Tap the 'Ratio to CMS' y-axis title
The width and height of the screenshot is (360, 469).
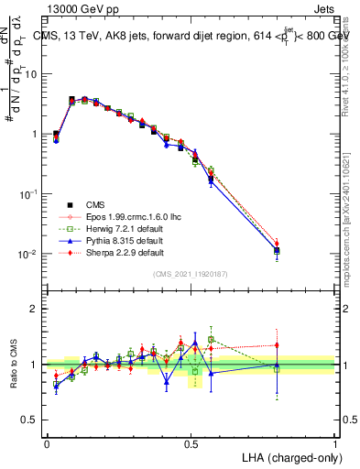15,365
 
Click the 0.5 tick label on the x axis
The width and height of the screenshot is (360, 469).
191,441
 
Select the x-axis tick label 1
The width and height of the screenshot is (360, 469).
335,441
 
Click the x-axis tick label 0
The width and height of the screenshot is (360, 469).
47,441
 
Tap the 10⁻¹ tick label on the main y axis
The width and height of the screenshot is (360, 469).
31,194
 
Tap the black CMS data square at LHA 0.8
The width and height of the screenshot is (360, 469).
277,250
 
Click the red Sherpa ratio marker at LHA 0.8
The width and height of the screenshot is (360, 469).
277,345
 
